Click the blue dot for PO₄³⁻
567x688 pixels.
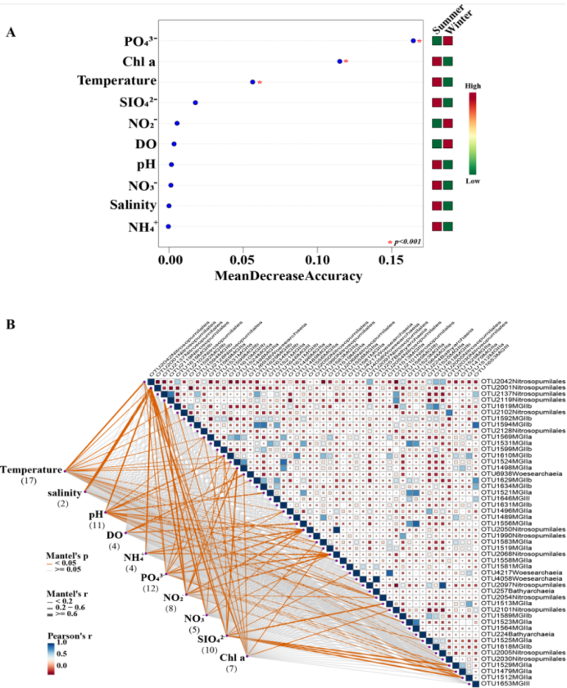[413, 40]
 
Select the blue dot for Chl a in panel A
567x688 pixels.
[340, 61]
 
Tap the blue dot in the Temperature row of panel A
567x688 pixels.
[253, 82]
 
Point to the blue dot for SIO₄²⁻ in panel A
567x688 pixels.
[195, 102]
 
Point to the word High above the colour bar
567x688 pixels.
[473, 84]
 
